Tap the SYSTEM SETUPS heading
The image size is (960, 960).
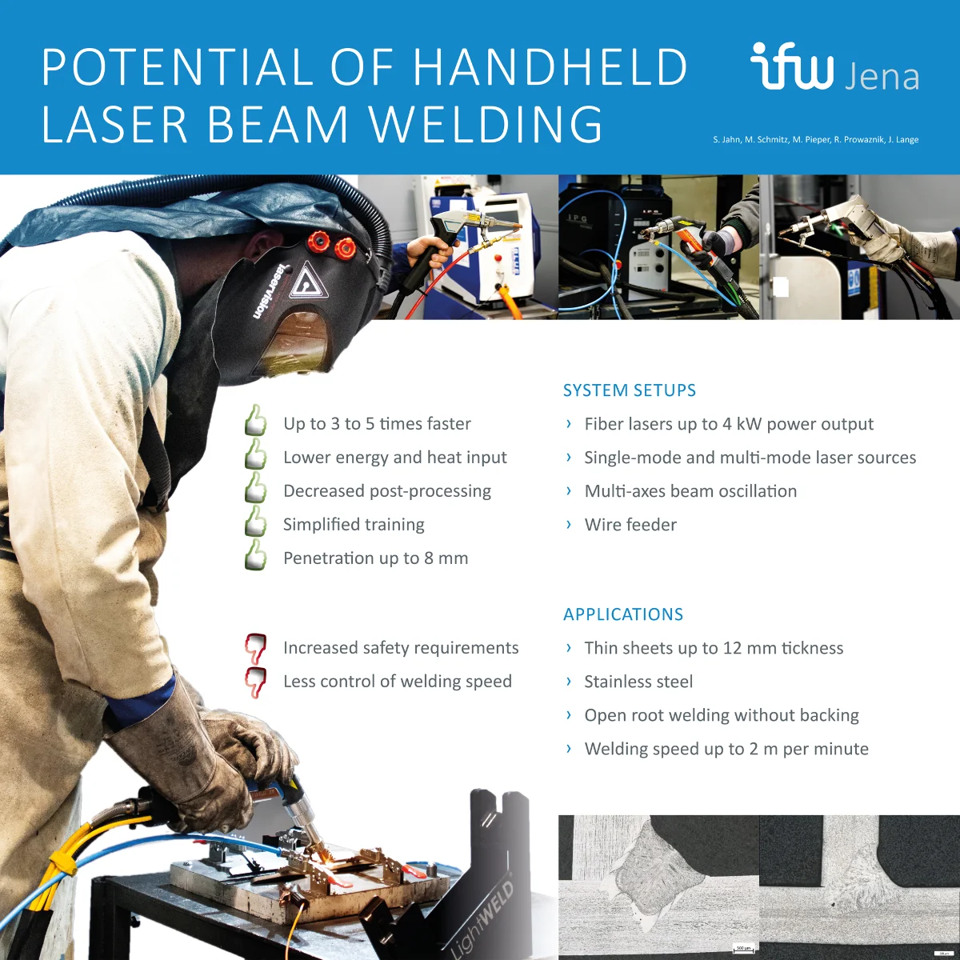(x=630, y=390)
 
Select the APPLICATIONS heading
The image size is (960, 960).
(x=623, y=614)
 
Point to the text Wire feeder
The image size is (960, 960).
(x=630, y=525)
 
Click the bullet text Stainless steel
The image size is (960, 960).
(x=638, y=682)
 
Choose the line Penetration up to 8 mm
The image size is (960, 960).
(x=375, y=558)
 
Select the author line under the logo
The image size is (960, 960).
(x=815, y=140)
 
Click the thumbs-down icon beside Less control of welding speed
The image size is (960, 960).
(x=255, y=681)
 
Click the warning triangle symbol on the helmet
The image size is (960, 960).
(x=304, y=283)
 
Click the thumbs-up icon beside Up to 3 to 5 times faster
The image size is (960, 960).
(x=255, y=421)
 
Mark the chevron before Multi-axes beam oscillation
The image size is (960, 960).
(x=568, y=490)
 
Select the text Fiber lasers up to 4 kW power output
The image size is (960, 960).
(x=729, y=424)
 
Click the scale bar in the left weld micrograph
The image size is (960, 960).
(x=743, y=950)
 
